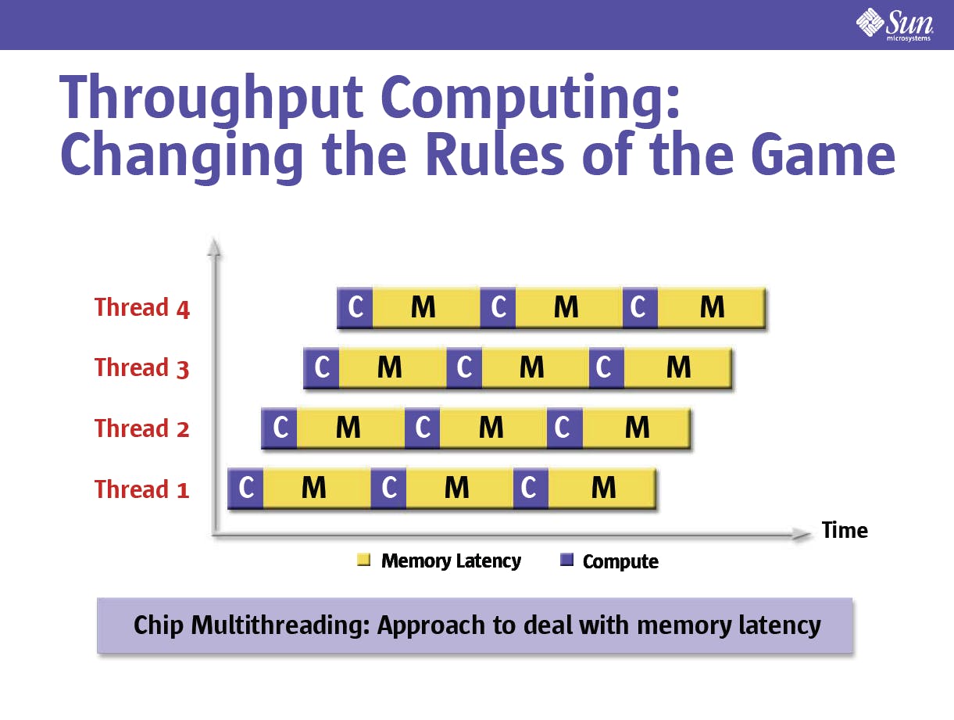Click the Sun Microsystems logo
click(x=895, y=24)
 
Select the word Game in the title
click(x=823, y=154)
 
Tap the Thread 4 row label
click(x=142, y=307)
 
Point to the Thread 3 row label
click(x=142, y=368)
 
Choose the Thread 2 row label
click(x=142, y=428)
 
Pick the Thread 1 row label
click(x=142, y=489)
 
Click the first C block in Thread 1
click(x=245, y=488)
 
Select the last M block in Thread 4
click(x=712, y=307)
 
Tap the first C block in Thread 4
click(x=355, y=307)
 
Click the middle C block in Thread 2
click(x=422, y=428)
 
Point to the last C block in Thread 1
click(x=531, y=488)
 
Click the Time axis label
click(x=845, y=531)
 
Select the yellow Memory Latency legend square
click(x=363, y=560)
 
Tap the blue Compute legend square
click(x=566, y=560)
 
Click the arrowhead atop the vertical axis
click(x=213, y=246)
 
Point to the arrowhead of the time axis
click(x=801, y=535)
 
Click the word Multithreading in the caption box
click(x=280, y=625)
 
